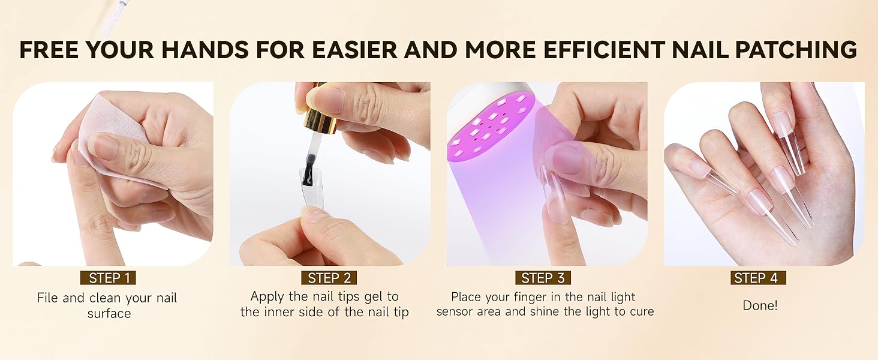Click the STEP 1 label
109,278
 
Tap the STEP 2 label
329,278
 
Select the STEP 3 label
543,278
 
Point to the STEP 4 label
758,278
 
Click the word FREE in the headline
50,49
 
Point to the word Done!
760,305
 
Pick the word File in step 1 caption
47,298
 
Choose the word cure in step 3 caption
640,311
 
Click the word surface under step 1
109,313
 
